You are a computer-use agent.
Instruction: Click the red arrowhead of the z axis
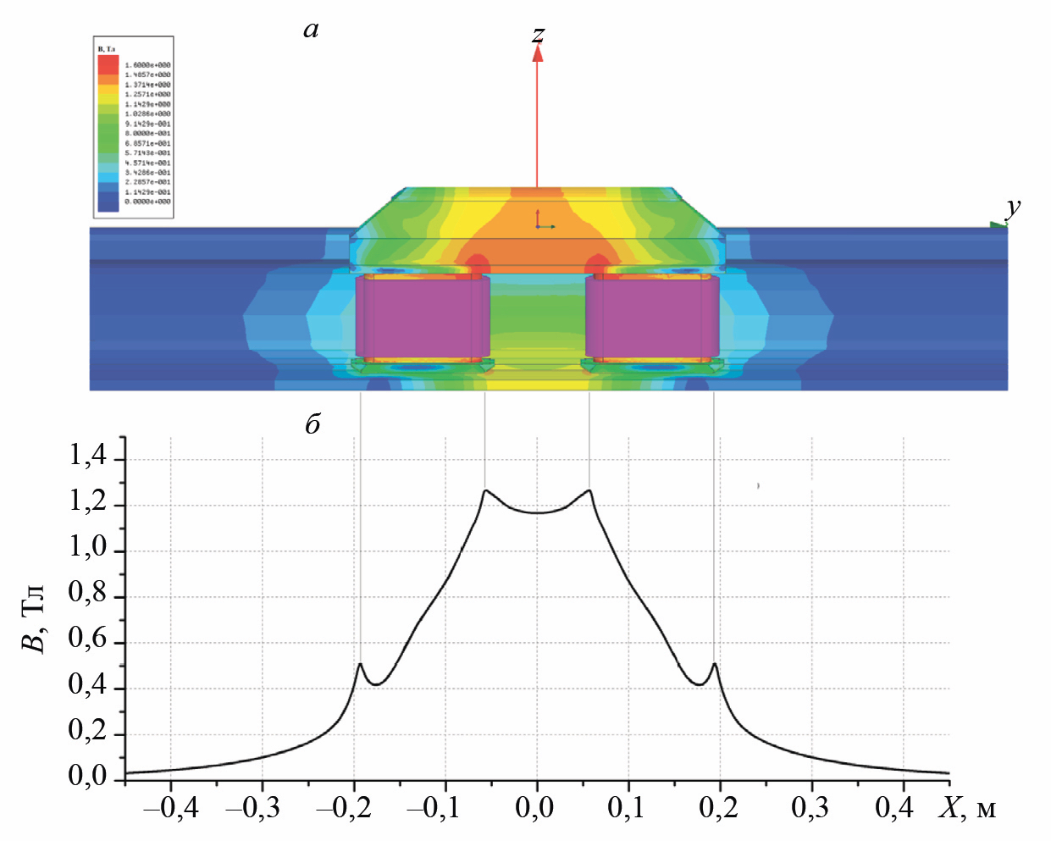[x=537, y=53]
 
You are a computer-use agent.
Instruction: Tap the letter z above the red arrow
[x=538, y=34]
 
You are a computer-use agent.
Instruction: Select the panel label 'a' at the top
[x=311, y=30]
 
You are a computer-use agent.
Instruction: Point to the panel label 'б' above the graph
[x=313, y=423]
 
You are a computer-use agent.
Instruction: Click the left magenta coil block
[x=422, y=317]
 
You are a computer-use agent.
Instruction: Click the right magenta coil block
[x=652, y=317]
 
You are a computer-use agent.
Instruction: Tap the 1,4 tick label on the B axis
[x=88, y=456]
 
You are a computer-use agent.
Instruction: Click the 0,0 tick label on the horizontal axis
[x=535, y=808]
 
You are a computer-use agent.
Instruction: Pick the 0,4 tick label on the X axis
[x=894, y=808]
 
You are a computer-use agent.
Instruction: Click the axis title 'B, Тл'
[x=34, y=619]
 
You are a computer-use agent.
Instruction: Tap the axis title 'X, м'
[x=967, y=809]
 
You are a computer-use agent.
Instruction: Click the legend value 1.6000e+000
[x=147, y=65]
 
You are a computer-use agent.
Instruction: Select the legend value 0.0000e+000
[x=147, y=202]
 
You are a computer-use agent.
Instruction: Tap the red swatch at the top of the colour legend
[x=108, y=64]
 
